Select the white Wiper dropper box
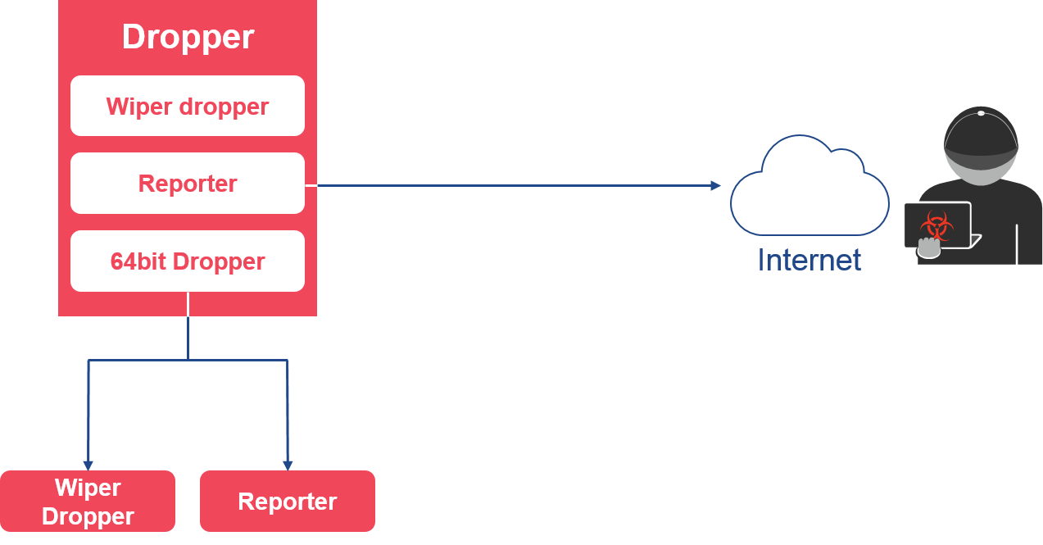[188, 106]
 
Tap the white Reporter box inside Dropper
[188, 183]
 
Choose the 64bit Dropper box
[188, 261]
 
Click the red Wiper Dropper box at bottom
[88, 502]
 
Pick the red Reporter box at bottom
[288, 502]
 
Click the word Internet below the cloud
[809, 260]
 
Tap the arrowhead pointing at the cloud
[716, 185]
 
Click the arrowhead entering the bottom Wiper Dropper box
[88, 466]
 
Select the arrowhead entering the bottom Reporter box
[288, 466]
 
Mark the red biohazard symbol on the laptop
[936, 226]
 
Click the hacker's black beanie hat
[981, 135]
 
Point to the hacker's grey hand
[929, 248]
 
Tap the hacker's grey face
[981, 170]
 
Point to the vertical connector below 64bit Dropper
[188, 325]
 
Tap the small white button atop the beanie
[981, 113]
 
